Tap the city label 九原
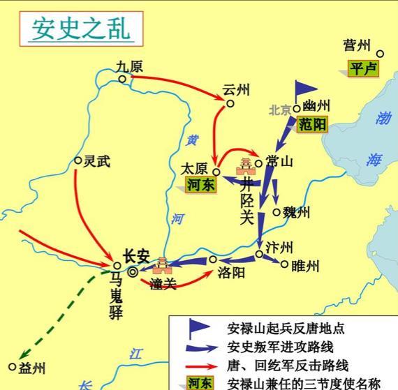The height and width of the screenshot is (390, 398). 130,67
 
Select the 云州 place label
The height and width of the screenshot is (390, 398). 235,91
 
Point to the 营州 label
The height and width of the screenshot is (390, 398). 357,46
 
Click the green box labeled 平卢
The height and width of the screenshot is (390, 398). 363,68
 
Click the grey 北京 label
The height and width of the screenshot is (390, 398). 281,110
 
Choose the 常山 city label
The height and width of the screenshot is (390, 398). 279,161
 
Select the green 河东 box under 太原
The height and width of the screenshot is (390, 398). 200,183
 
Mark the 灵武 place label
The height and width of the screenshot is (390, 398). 96,160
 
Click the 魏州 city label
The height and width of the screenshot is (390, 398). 295,213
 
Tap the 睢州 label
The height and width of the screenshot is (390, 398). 304,266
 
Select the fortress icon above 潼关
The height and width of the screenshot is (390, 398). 162,265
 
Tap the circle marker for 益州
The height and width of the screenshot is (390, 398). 12,366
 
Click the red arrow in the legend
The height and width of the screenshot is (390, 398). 198,365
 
